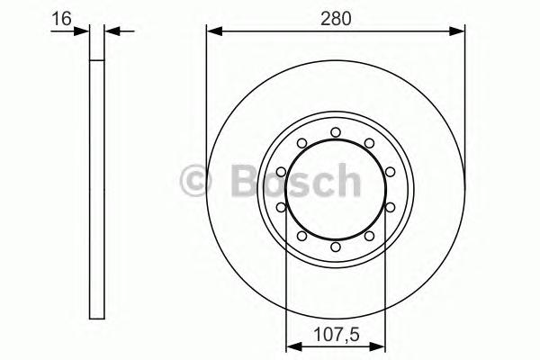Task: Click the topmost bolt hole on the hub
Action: pos(335,132)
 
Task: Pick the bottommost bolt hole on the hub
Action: pos(335,247)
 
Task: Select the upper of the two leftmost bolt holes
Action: pos(281,172)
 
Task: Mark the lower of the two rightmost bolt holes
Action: pos(389,207)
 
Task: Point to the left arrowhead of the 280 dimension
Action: pos(213,31)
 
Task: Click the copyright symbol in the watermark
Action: pos(197,181)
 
